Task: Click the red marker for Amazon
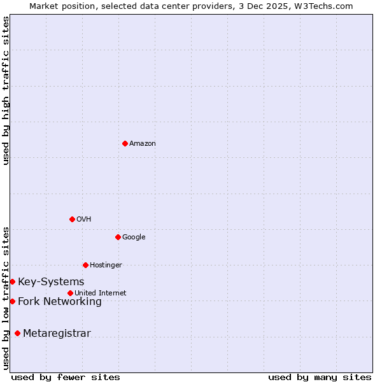125,143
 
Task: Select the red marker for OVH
72,219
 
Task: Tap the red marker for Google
118,237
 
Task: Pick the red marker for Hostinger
85,265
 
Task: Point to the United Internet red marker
70,293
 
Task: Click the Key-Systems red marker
12,281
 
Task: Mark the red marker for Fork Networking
12,301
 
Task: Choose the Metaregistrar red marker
17,333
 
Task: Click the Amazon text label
142,144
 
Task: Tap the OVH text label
83,220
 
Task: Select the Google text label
134,237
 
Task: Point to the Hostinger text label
106,265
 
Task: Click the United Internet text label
100,294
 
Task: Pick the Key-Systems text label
51,282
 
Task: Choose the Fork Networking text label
60,302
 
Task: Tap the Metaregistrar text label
57,334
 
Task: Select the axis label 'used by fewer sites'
66,378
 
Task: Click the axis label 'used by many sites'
320,378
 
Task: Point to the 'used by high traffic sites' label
6,90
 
